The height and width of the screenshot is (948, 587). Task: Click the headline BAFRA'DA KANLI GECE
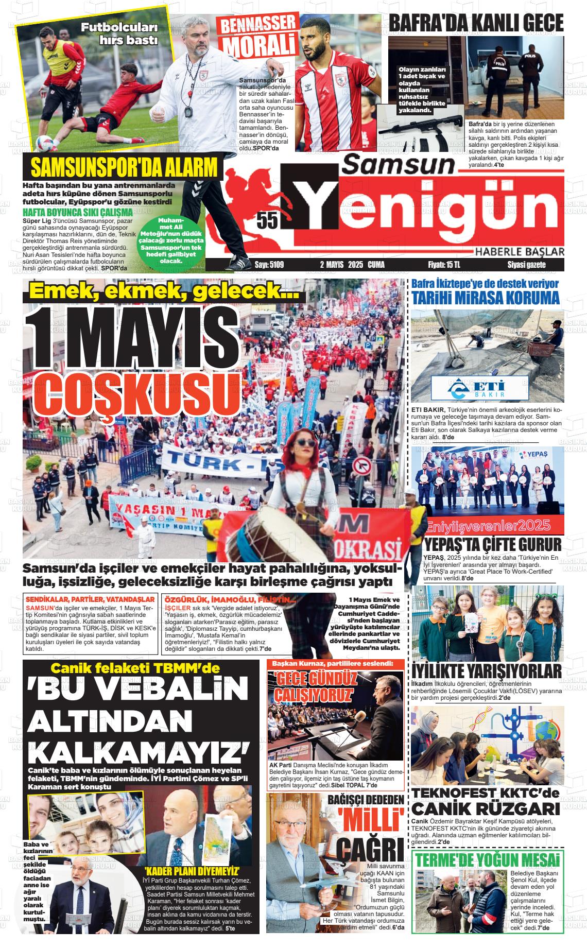pyautogui.click(x=475, y=23)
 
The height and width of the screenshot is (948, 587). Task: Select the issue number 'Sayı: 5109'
pyautogui.click(x=269, y=265)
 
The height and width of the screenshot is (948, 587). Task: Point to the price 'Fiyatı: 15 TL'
pyautogui.click(x=444, y=265)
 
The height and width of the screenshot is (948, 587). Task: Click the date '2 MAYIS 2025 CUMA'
pyautogui.click(x=352, y=265)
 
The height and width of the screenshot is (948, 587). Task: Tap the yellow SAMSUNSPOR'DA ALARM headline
pyautogui.click(x=124, y=168)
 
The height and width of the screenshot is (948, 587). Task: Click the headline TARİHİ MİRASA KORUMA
pyautogui.click(x=485, y=298)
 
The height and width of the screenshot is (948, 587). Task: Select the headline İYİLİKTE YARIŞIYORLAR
pyautogui.click(x=487, y=671)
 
